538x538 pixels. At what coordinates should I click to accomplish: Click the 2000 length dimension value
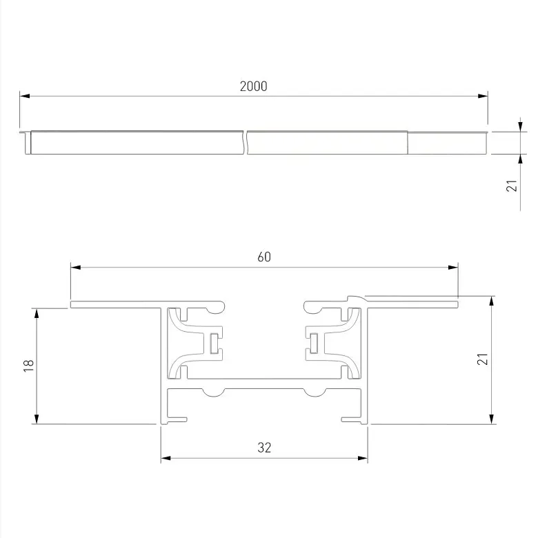pos(254,86)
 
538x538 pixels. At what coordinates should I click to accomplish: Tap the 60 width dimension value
pos(264,257)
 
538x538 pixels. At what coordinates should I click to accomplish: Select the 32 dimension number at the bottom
pos(264,448)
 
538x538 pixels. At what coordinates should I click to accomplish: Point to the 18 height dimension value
pos(28,366)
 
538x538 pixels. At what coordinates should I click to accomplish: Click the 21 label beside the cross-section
pos(483,359)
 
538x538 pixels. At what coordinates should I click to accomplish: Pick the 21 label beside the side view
pos(512,186)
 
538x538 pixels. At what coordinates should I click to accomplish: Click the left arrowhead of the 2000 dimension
pos(25,96)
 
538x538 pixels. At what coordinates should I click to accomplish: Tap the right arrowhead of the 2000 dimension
pos(483,96)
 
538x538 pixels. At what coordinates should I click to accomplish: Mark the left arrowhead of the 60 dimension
pos(76,268)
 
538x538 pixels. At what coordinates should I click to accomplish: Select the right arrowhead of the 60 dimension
pos(453,268)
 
